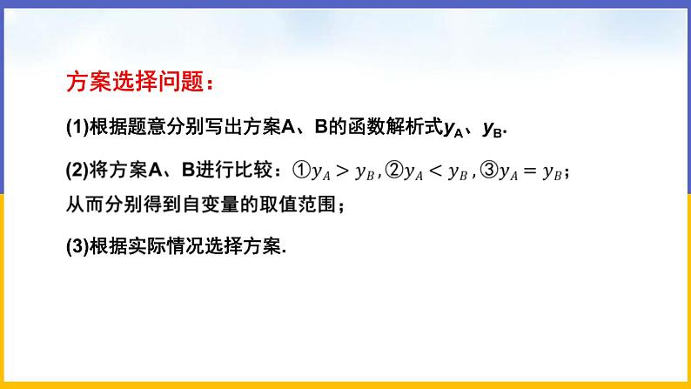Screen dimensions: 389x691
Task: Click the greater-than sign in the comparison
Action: point(340,171)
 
